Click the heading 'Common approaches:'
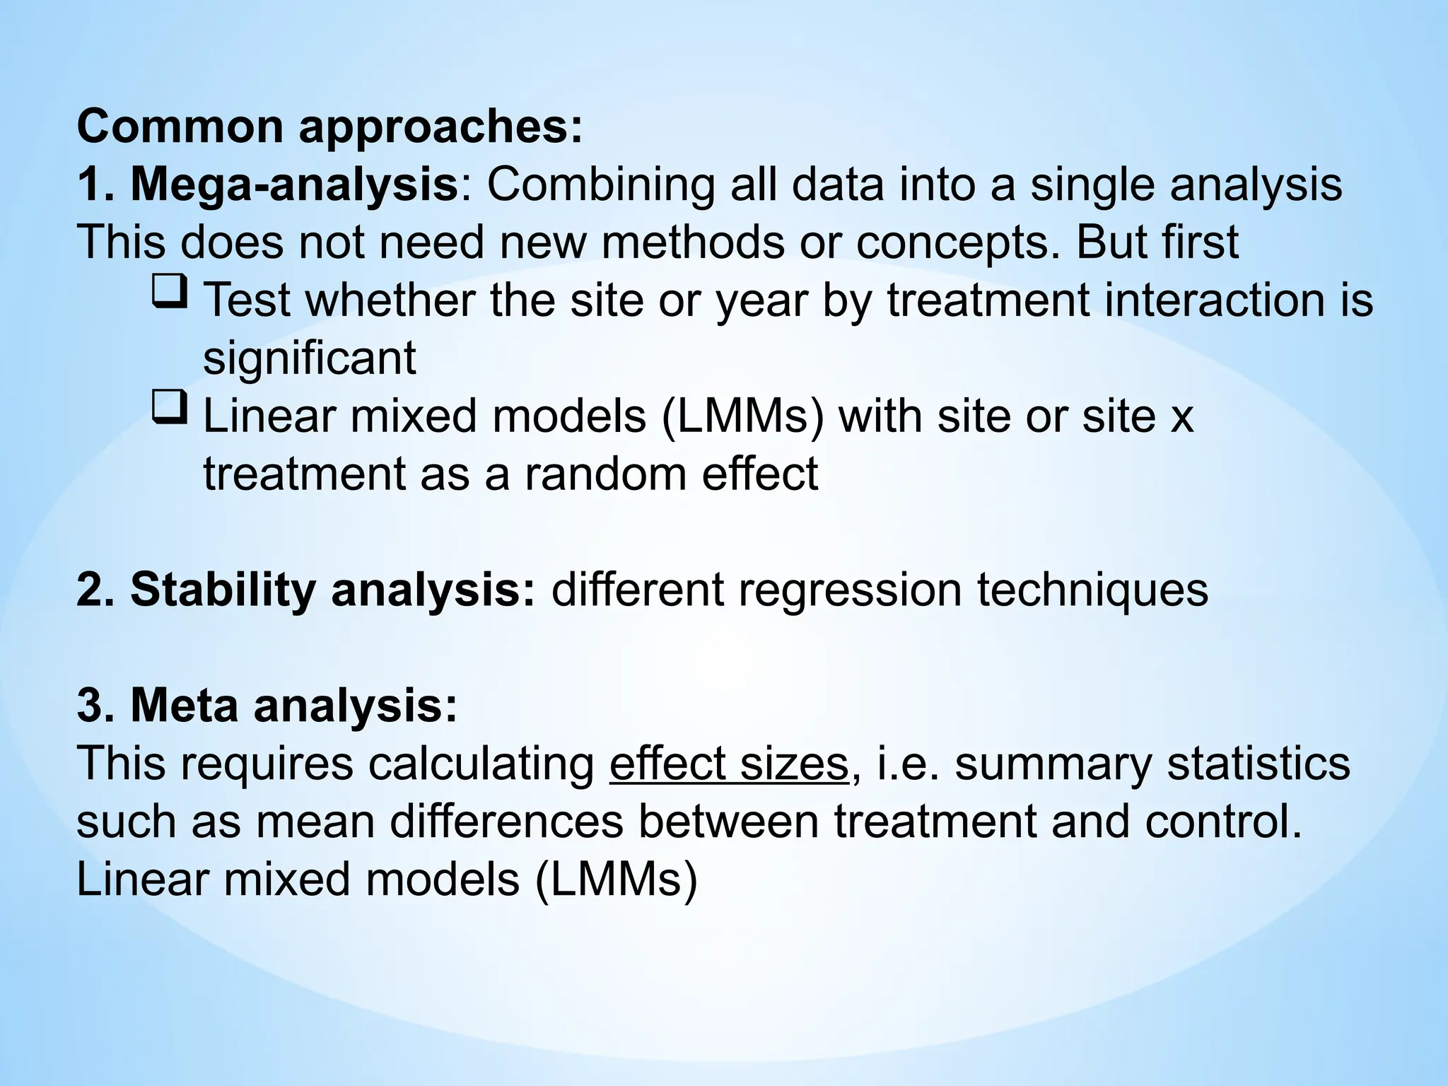[329, 127]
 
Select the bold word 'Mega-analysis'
[293, 185]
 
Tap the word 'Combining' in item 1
[601, 185]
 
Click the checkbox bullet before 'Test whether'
[170, 291]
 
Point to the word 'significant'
[309, 358]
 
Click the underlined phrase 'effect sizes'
[729, 764]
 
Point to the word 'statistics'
[1259, 764]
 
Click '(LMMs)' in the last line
[616, 880]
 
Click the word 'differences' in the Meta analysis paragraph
[506, 822]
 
